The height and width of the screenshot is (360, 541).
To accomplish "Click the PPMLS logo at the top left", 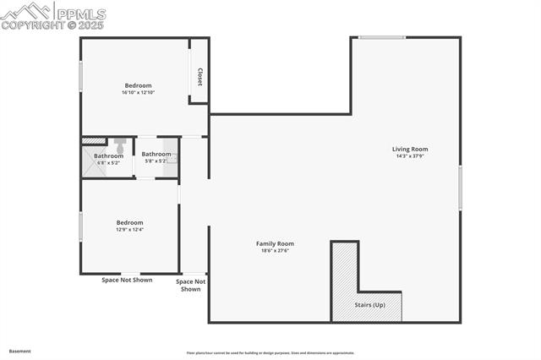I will [52, 15].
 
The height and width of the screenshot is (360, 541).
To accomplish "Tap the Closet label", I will [199, 76].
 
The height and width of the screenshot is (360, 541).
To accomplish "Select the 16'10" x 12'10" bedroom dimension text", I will [138, 92].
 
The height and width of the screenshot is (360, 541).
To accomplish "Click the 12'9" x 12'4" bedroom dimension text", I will [129, 229].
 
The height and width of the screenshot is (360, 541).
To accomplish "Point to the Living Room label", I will [410, 149].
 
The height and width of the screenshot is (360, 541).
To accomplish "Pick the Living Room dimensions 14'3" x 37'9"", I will [410, 155].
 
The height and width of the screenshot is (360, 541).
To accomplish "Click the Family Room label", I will [275, 243].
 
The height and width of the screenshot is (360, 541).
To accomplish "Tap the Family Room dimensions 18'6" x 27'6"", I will [275, 250].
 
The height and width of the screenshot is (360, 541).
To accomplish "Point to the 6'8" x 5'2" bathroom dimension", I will [108, 162].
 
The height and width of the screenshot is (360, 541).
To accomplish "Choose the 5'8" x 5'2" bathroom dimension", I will [156, 161].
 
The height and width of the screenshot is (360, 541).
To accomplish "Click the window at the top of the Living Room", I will [381, 37].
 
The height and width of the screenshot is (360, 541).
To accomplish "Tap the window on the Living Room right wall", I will [460, 188].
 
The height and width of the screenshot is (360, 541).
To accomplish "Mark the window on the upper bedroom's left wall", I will [81, 76].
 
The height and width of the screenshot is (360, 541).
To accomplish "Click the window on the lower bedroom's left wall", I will [81, 226].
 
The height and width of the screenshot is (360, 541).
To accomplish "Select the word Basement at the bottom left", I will [20, 351].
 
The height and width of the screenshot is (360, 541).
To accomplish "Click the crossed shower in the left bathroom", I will [95, 164].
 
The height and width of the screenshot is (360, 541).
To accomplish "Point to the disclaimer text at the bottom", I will [270, 353].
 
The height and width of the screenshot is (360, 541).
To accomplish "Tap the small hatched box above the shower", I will [94, 140].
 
